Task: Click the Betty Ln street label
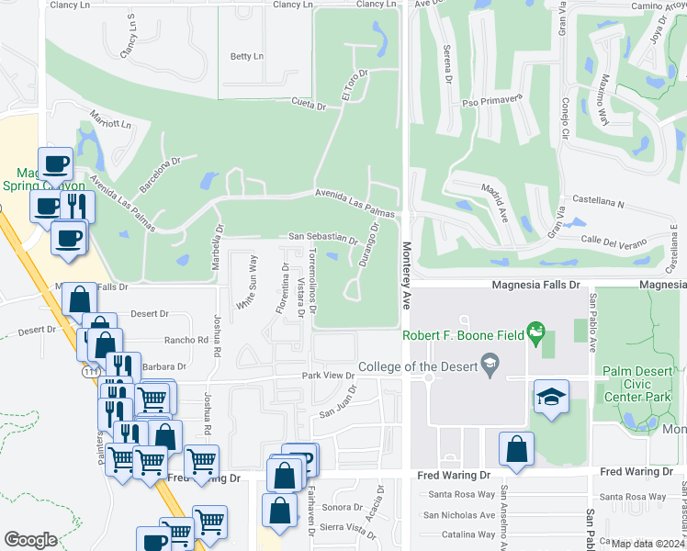pyautogui.click(x=246, y=56)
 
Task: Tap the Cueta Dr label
pyautogui.click(x=310, y=104)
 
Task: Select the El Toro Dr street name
pyautogui.click(x=355, y=84)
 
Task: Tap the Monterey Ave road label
pyautogui.click(x=405, y=275)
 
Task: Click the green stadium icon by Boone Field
pyautogui.click(x=538, y=329)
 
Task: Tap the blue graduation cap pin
pyautogui.click(x=551, y=396)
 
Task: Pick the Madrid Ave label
pyautogui.click(x=493, y=199)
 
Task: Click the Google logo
pyautogui.click(x=30, y=540)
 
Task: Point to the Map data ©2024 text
pyautogui.click(x=647, y=544)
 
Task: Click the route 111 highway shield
pyautogui.click(x=88, y=371)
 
